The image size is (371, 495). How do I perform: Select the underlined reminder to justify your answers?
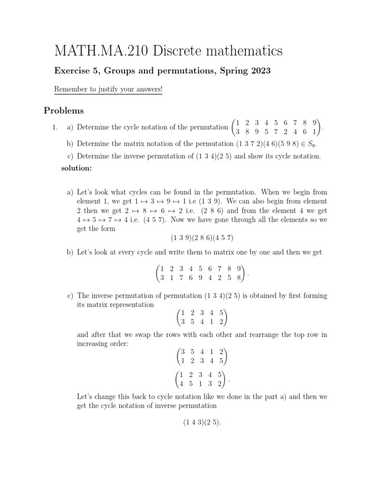point(108,89)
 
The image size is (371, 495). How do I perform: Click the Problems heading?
point(64,111)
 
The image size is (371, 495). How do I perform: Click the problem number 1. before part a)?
point(55,128)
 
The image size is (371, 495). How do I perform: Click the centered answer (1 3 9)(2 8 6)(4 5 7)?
point(202,238)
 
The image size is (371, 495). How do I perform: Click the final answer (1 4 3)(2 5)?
point(202,422)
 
